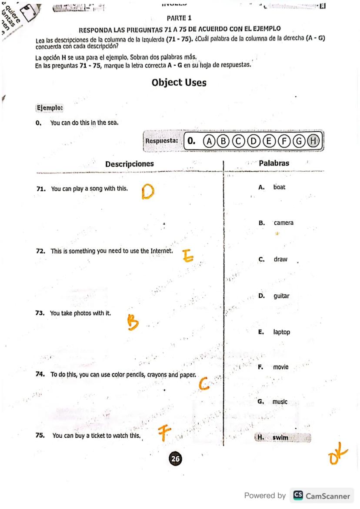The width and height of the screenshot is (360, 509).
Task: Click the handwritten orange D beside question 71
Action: [x=148, y=192]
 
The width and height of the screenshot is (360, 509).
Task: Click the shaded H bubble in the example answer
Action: [x=313, y=141]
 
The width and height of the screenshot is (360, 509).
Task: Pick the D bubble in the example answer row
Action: [x=254, y=141]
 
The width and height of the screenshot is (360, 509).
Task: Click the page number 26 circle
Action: [x=176, y=458]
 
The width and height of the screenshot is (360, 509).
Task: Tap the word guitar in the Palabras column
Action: [x=281, y=296]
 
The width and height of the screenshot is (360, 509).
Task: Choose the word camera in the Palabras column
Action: [x=283, y=223]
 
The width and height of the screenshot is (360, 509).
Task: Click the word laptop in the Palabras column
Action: [x=282, y=332]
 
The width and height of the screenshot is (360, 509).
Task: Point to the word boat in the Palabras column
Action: [x=280, y=187]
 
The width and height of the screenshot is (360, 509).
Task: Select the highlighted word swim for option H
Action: [x=280, y=438]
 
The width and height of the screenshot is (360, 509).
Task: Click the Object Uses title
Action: [x=179, y=83]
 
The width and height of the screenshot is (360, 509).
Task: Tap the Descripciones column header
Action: [x=130, y=164]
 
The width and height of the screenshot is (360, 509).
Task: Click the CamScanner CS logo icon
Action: [x=298, y=496]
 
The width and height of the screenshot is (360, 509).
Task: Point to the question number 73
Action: [x=40, y=313]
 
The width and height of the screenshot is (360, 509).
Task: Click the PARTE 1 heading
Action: [x=179, y=18]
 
